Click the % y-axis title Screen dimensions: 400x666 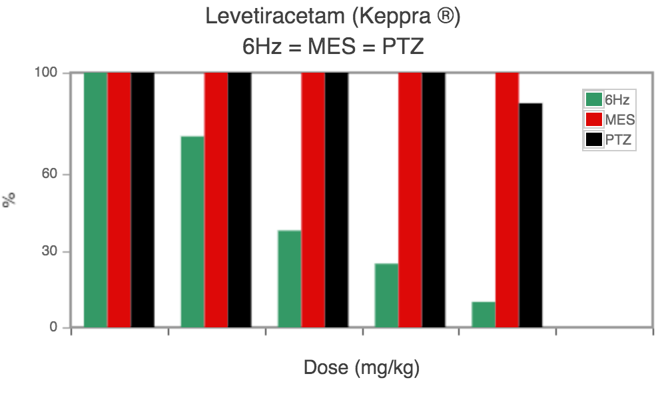click(9, 199)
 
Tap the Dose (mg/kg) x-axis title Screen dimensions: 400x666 click(362, 367)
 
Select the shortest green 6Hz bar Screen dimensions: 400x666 click(484, 315)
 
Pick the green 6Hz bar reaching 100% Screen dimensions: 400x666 click(96, 200)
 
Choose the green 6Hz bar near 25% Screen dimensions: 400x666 click(386, 295)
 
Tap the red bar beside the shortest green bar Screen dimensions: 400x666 click(507, 200)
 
